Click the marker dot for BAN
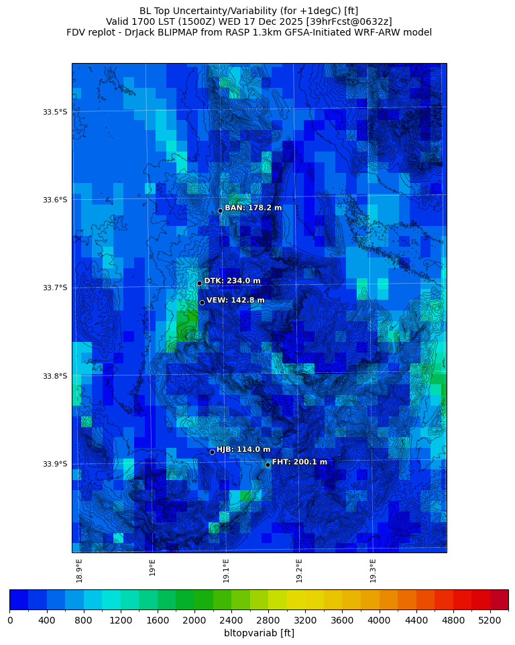click(220, 211)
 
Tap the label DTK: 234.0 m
click(232, 281)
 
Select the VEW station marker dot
click(202, 302)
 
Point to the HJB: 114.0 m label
click(243, 449)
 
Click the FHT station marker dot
click(268, 465)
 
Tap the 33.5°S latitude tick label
click(55, 112)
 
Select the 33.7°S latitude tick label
click(55, 288)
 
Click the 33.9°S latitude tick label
click(55, 464)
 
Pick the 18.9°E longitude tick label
click(79, 571)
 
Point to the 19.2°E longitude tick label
click(299, 571)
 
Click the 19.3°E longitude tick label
click(373, 571)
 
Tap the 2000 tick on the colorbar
click(194, 620)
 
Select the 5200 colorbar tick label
click(490, 620)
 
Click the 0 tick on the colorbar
click(10, 620)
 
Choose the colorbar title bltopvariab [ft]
click(259, 633)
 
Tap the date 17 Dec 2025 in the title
click(274, 21)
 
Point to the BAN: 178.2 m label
click(253, 208)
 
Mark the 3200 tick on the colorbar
click(305, 620)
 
